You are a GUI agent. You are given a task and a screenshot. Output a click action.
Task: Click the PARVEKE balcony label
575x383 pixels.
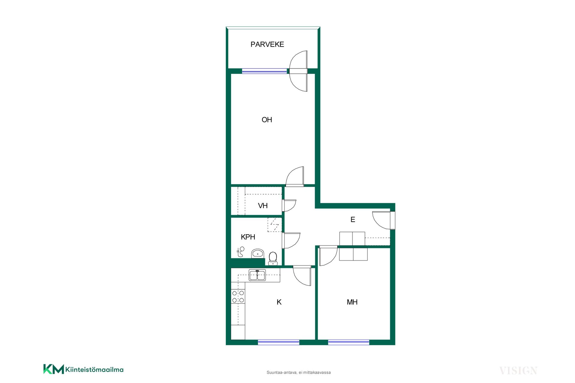point(267,44)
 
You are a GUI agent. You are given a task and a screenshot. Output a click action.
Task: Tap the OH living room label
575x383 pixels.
point(267,120)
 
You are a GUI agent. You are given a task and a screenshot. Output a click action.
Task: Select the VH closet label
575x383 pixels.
point(263,206)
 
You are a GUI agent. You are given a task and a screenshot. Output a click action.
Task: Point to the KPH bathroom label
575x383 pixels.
point(248,237)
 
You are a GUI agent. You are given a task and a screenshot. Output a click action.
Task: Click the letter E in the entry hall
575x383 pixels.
point(353,220)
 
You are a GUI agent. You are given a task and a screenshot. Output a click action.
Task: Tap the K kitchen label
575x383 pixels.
point(279,302)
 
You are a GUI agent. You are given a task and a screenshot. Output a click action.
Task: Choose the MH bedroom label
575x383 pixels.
point(352,302)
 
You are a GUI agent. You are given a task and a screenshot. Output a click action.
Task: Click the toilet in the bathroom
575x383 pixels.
point(273,259)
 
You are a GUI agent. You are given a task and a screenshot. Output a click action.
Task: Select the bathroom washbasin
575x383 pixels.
point(258,253)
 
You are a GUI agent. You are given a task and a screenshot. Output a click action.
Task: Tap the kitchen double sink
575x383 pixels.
point(257,275)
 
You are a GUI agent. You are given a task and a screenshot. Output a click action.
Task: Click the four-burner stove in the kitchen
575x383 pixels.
point(238,297)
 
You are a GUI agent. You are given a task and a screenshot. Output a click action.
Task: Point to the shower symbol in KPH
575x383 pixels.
point(240,252)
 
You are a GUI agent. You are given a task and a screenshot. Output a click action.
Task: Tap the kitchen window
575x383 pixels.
point(279,342)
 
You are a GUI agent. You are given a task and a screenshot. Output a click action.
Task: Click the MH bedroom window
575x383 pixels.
point(349,342)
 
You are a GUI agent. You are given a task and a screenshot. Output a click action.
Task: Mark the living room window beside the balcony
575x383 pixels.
point(264,71)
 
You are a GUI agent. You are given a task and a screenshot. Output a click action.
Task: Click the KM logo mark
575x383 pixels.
point(54,369)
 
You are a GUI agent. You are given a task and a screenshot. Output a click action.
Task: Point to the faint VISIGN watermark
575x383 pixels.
point(518,371)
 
